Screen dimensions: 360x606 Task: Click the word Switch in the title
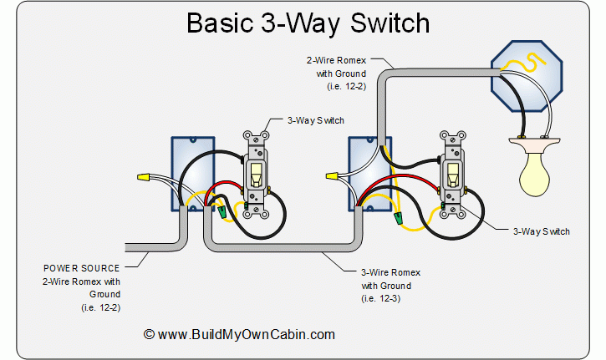376,23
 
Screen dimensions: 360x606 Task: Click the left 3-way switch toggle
257,173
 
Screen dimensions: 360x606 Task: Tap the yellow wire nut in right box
332,177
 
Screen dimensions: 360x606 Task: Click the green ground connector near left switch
223,214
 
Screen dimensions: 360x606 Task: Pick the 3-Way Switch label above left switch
315,120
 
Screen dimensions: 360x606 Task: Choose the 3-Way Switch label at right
541,231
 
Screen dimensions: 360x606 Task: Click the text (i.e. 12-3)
383,298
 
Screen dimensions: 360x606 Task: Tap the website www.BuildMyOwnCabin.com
247,334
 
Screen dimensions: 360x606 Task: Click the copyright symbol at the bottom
149,334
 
